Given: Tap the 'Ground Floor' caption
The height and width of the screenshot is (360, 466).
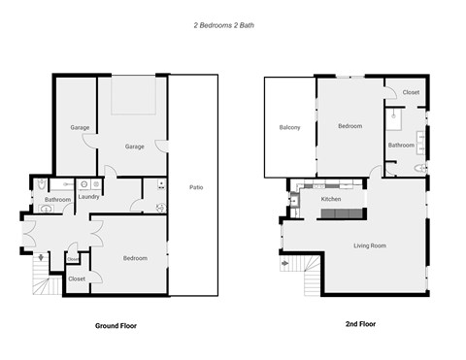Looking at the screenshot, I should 116,326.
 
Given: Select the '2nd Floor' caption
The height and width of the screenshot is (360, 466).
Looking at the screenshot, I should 361,323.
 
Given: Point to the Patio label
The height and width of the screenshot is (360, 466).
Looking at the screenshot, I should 195,186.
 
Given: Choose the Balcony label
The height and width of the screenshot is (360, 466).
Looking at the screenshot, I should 289,127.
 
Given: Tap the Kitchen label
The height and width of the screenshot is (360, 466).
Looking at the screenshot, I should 331,199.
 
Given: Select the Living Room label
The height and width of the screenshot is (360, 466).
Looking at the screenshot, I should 369,245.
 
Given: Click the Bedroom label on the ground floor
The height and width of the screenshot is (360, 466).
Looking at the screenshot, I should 134,257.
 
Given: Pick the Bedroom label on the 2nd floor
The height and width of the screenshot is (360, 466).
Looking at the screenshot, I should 349,126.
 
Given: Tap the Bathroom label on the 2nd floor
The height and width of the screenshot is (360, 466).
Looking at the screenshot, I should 401,145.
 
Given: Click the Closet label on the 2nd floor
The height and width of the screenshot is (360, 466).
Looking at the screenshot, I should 411,92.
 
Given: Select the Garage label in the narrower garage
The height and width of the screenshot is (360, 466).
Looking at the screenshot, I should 79,127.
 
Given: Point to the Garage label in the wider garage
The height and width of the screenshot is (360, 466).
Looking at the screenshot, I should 134,147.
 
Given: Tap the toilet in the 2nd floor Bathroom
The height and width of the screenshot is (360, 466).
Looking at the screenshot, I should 419,169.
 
